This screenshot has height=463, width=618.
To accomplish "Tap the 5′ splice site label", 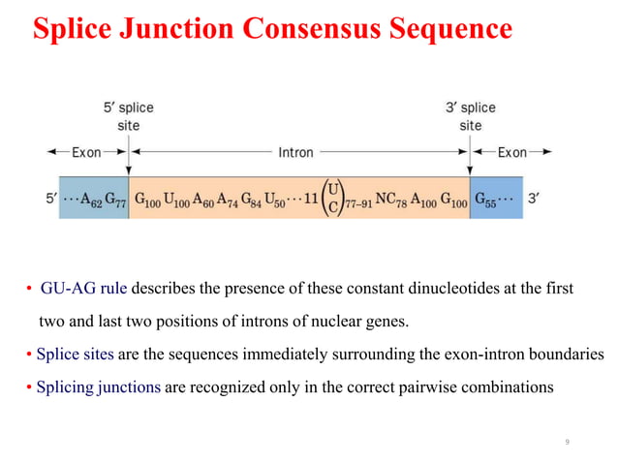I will point(128,116).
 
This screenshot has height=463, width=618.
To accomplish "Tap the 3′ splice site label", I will point(470,116).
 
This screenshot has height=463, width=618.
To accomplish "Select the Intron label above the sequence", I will point(295,152).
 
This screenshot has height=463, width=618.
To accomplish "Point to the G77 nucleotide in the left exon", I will point(114,199).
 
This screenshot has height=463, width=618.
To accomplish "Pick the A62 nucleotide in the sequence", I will point(89,199).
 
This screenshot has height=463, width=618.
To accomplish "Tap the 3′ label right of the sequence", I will point(534,199).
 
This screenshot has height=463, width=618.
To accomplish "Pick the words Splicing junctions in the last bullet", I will point(95,387).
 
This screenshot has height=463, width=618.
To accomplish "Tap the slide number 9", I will point(567,442).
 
